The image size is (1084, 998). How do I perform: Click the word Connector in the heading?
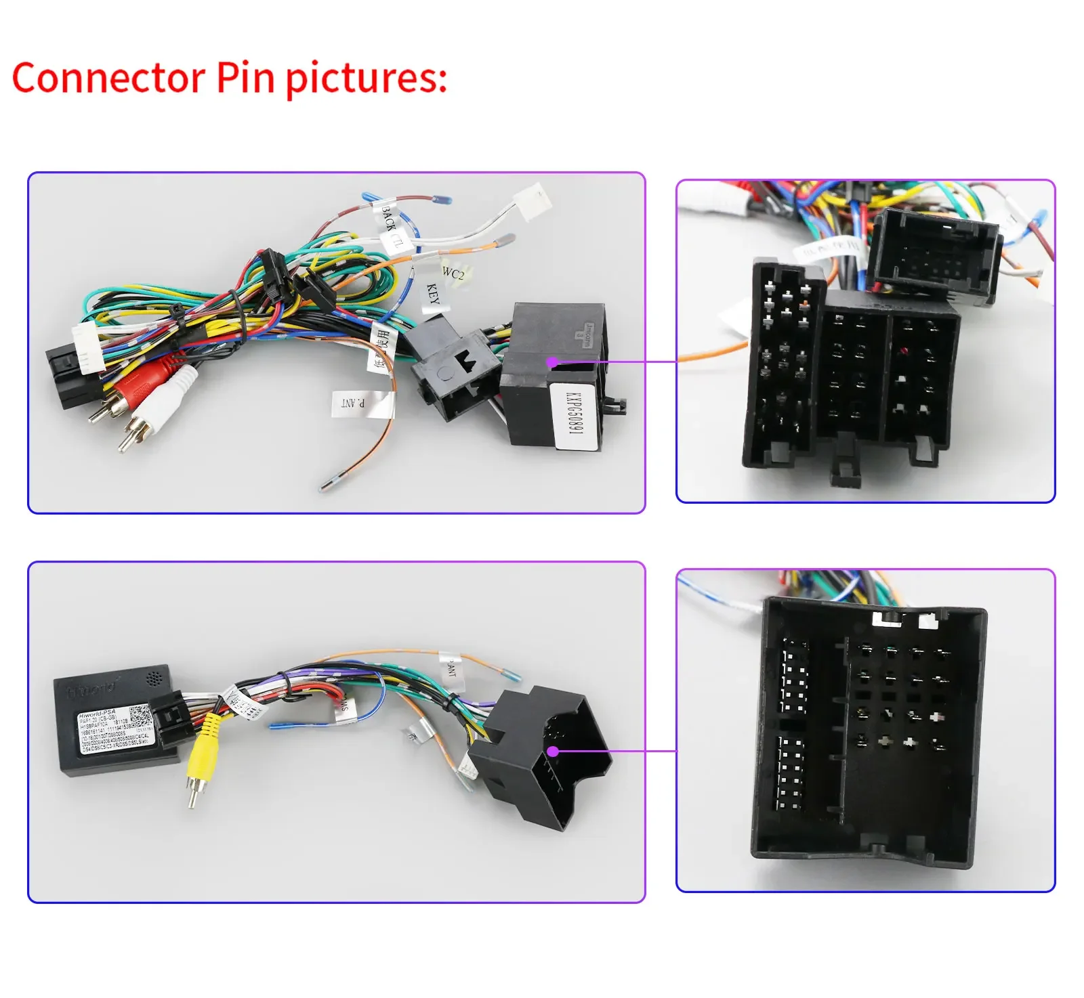108,77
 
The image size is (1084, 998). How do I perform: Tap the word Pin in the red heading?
246,77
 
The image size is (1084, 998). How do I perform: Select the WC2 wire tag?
453,274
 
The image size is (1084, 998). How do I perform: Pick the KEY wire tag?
432,295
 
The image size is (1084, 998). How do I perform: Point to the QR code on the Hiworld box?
140,715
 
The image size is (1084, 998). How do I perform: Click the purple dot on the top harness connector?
552,362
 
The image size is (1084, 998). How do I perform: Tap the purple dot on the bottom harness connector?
553,751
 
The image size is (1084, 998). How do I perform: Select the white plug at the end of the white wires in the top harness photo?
533,201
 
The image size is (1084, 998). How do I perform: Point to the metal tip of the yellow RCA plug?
193,799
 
